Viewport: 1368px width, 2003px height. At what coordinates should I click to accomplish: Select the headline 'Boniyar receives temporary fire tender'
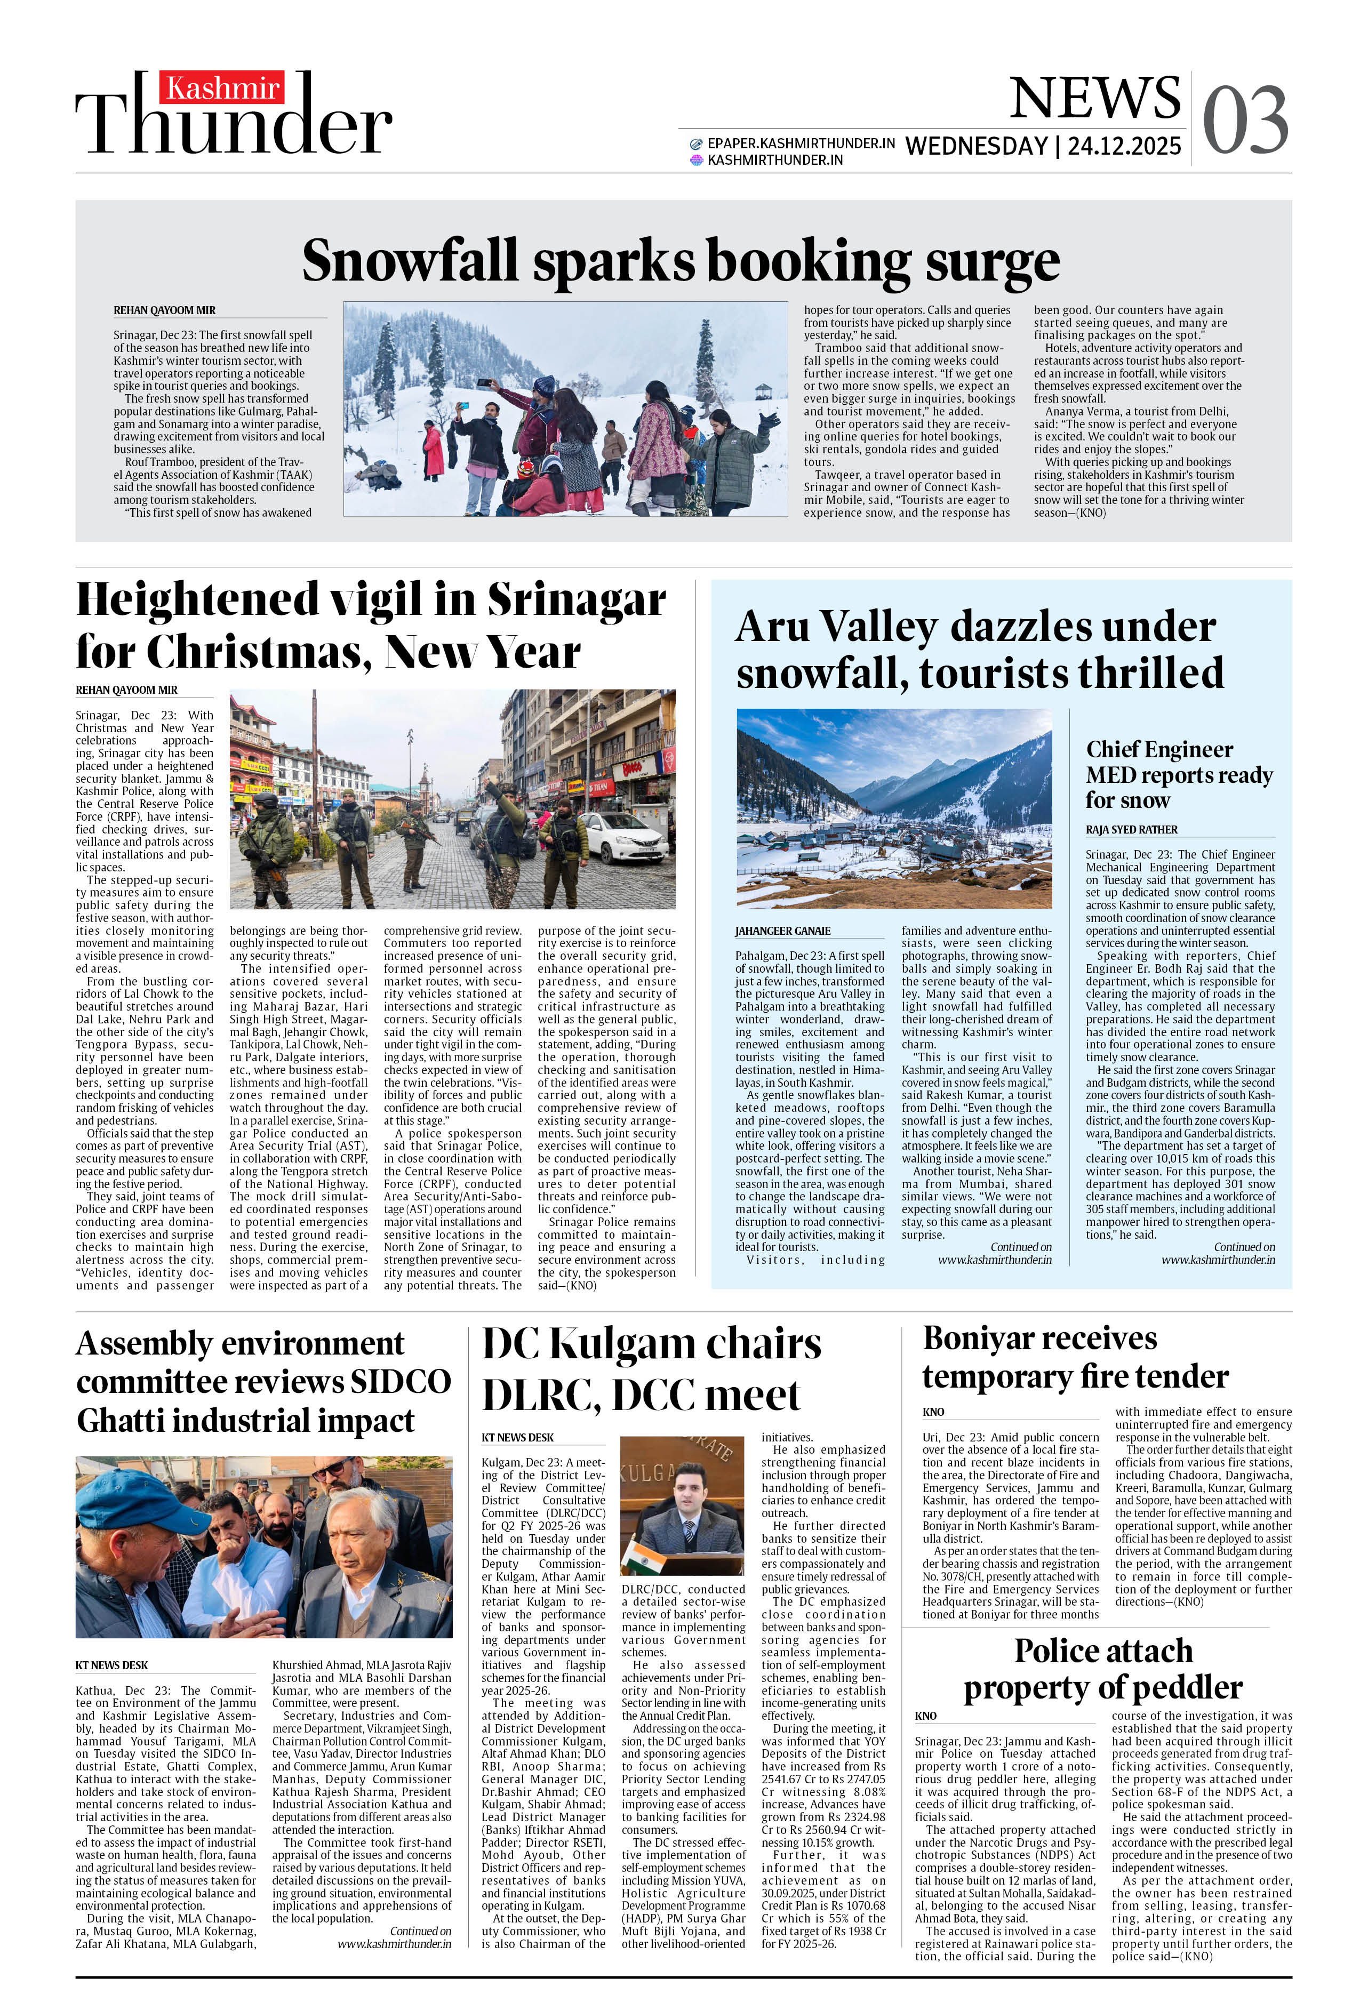tap(1075, 1357)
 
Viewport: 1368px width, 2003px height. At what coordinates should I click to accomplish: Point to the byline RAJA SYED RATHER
tap(1131, 829)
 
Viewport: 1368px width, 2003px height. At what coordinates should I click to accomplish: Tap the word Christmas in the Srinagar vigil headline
tap(259, 652)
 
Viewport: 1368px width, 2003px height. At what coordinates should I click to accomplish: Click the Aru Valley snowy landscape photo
tap(894, 807)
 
